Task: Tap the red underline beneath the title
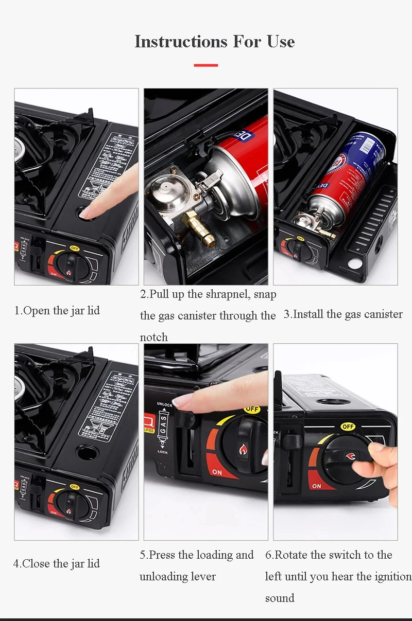pos(206,65)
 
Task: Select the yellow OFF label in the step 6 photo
pos(348,427)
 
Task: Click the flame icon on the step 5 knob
pos(243,450)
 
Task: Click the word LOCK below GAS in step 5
pos(163,452)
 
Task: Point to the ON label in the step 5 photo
pos(217,472)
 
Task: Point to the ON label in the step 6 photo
pos(316,486)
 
